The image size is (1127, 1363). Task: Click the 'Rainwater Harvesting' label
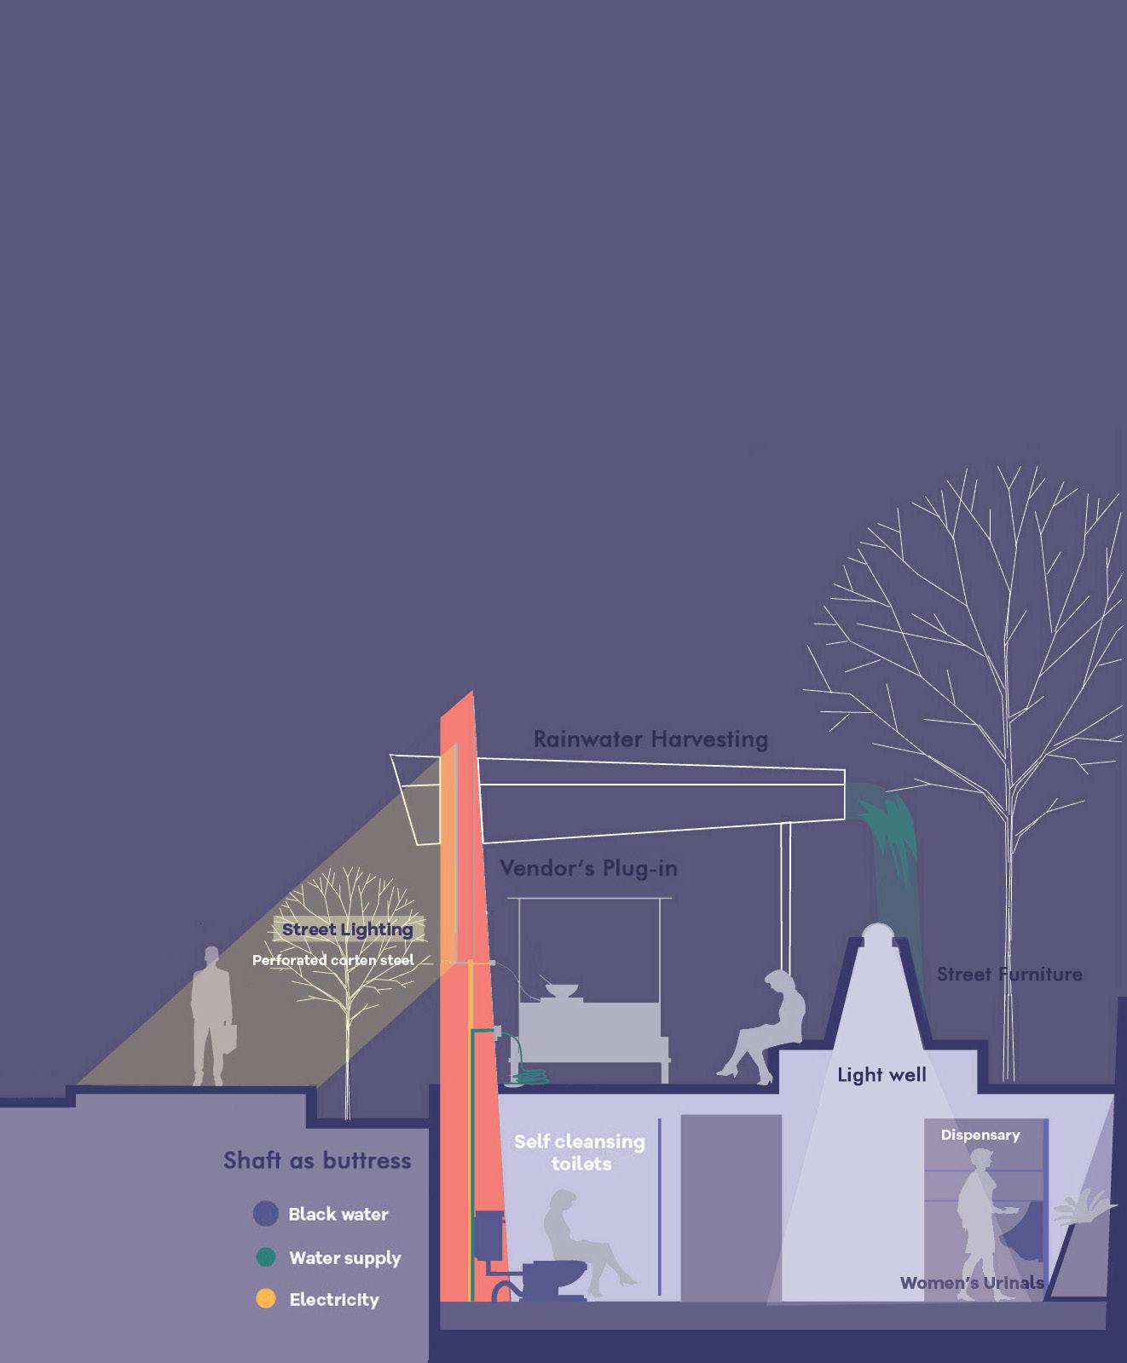tap(650, 739)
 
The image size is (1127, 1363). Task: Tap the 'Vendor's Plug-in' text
tap(588, 868)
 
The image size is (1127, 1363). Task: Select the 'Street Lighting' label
tap(347, 929)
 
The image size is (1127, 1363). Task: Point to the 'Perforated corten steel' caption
tap(332, 960)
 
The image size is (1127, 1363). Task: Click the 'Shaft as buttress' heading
tap(317, 1160)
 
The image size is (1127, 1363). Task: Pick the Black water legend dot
tap(266, 1214)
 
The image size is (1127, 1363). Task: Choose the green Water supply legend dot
tap(266, 1257)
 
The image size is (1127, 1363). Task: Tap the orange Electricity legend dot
tap(266, 1299)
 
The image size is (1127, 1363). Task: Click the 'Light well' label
tap(881, 1075)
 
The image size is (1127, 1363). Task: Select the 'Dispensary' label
tap(980, 1135)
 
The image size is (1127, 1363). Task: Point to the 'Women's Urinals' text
tap(972, 1283)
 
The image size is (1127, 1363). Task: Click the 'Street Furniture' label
tap(1009, 974)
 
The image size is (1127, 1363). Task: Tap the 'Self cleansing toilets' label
tap(580, 1152)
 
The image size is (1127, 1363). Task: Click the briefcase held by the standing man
tap(228, 1037)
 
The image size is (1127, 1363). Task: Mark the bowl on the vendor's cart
tap(561, 992)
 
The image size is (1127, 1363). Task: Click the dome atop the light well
tap(878, 934)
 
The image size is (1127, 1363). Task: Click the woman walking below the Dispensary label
tap(979, 1218)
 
